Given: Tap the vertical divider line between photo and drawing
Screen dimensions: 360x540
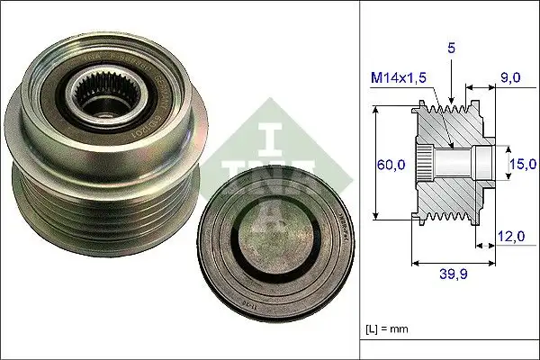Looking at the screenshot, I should (360, 180).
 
